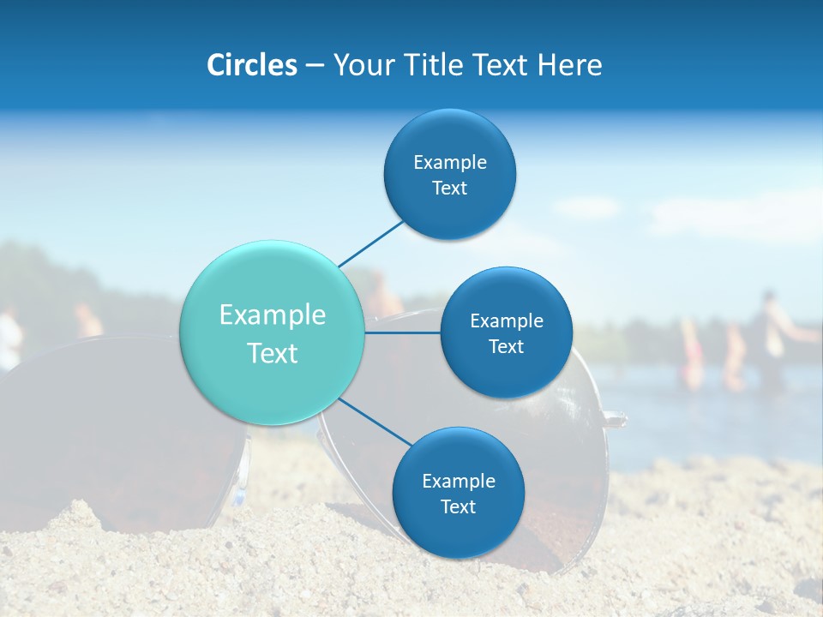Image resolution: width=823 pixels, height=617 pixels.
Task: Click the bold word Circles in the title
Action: (251, 65)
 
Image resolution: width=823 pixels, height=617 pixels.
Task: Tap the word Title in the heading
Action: (432, 65)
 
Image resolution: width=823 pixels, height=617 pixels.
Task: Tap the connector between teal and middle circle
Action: (403, 332)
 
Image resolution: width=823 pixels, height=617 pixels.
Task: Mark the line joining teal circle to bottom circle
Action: (375, 422)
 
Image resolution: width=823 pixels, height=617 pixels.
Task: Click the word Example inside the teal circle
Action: (273, 315)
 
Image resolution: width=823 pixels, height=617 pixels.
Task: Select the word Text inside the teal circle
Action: (273, 353)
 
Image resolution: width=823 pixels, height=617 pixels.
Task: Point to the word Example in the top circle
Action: (450, 163)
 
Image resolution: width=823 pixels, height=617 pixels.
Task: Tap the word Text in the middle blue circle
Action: (506, 347)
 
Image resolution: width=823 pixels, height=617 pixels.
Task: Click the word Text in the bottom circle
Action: (458, 507)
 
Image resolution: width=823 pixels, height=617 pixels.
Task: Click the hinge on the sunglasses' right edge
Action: (614, 419)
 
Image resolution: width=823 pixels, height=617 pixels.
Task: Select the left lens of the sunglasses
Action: (120, 428)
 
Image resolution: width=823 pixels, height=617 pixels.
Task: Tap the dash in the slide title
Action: (314, 66)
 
